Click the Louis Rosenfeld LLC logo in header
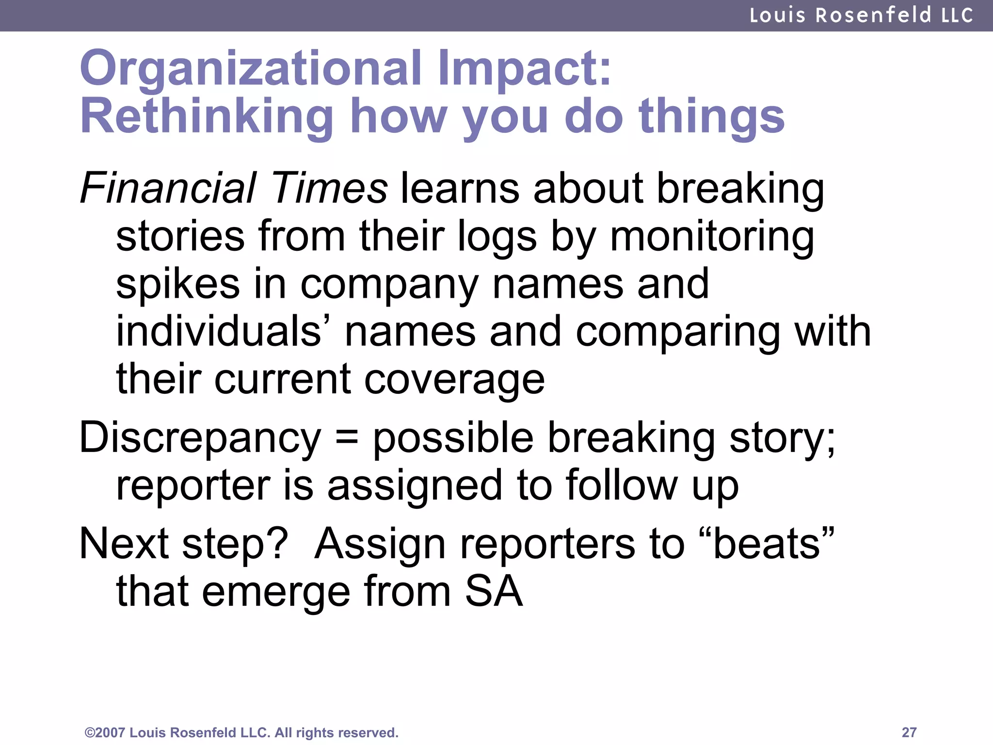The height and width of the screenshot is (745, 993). [861, 15]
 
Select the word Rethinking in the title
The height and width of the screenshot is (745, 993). [207, 117]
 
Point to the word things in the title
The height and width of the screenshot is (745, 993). [711, 117]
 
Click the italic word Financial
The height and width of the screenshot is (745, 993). [168, 188]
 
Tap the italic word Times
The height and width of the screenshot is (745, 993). [330, 188]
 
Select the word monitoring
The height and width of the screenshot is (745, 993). [712, 237]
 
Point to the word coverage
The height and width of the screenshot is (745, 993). [454, 379]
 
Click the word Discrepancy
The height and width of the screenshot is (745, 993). [200, 438]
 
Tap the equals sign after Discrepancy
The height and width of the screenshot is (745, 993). [347, 438]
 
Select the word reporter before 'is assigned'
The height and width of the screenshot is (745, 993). [193, 486]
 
